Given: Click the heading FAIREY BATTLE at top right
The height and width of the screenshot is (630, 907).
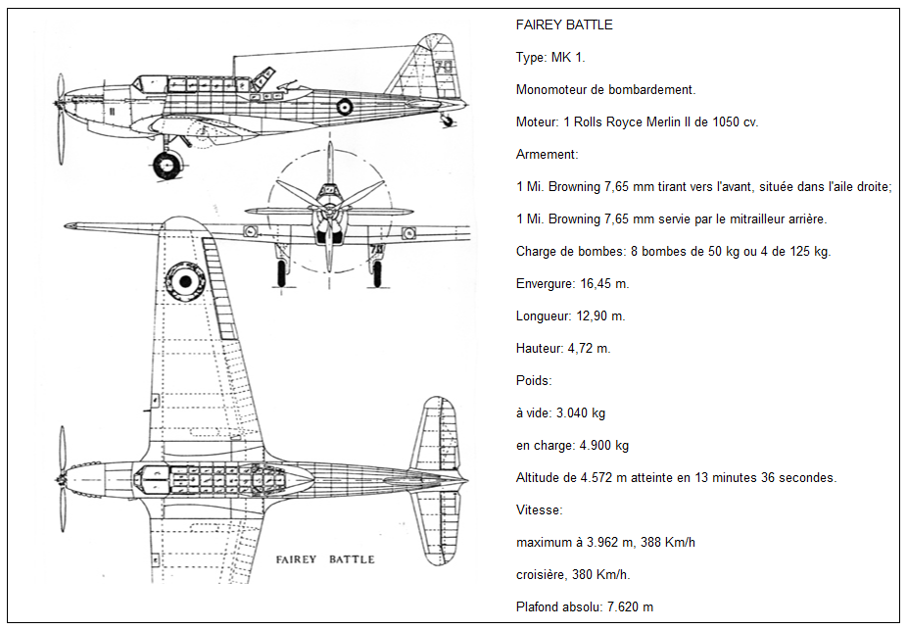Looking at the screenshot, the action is tap(564, 24).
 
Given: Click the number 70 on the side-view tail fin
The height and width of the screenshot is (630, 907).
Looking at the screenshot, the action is tap(444, 67).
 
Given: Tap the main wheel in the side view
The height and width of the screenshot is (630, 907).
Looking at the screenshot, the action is tap(167, 165).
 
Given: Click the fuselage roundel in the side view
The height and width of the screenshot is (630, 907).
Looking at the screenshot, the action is tap(344, 106).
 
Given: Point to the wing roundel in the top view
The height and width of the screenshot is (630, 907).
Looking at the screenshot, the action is tap(185, 281).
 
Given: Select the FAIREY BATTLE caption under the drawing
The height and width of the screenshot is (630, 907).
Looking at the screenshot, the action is tap(325, 559).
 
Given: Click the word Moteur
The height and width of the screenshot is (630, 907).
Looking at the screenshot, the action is tap(536, 122).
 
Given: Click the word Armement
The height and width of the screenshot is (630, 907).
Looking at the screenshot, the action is tap(546, 155).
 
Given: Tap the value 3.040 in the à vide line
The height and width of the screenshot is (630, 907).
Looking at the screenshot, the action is tap(572, 413).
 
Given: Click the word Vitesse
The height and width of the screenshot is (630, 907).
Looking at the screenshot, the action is tap(538, 510).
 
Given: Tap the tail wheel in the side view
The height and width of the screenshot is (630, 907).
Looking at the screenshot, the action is tap(448, 121).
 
